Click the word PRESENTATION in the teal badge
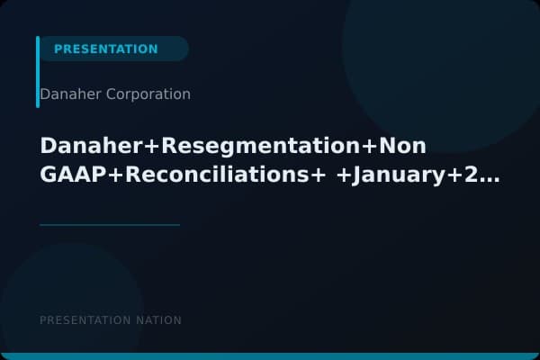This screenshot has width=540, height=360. click(x=105, y=49)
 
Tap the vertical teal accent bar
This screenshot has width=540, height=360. click(x=38, y=72)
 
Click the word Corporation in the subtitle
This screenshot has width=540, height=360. click(x=148, y=94)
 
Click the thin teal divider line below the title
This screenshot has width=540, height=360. click(x=110, y=225)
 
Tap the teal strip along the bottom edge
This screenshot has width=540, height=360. click(x=270, y=356)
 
